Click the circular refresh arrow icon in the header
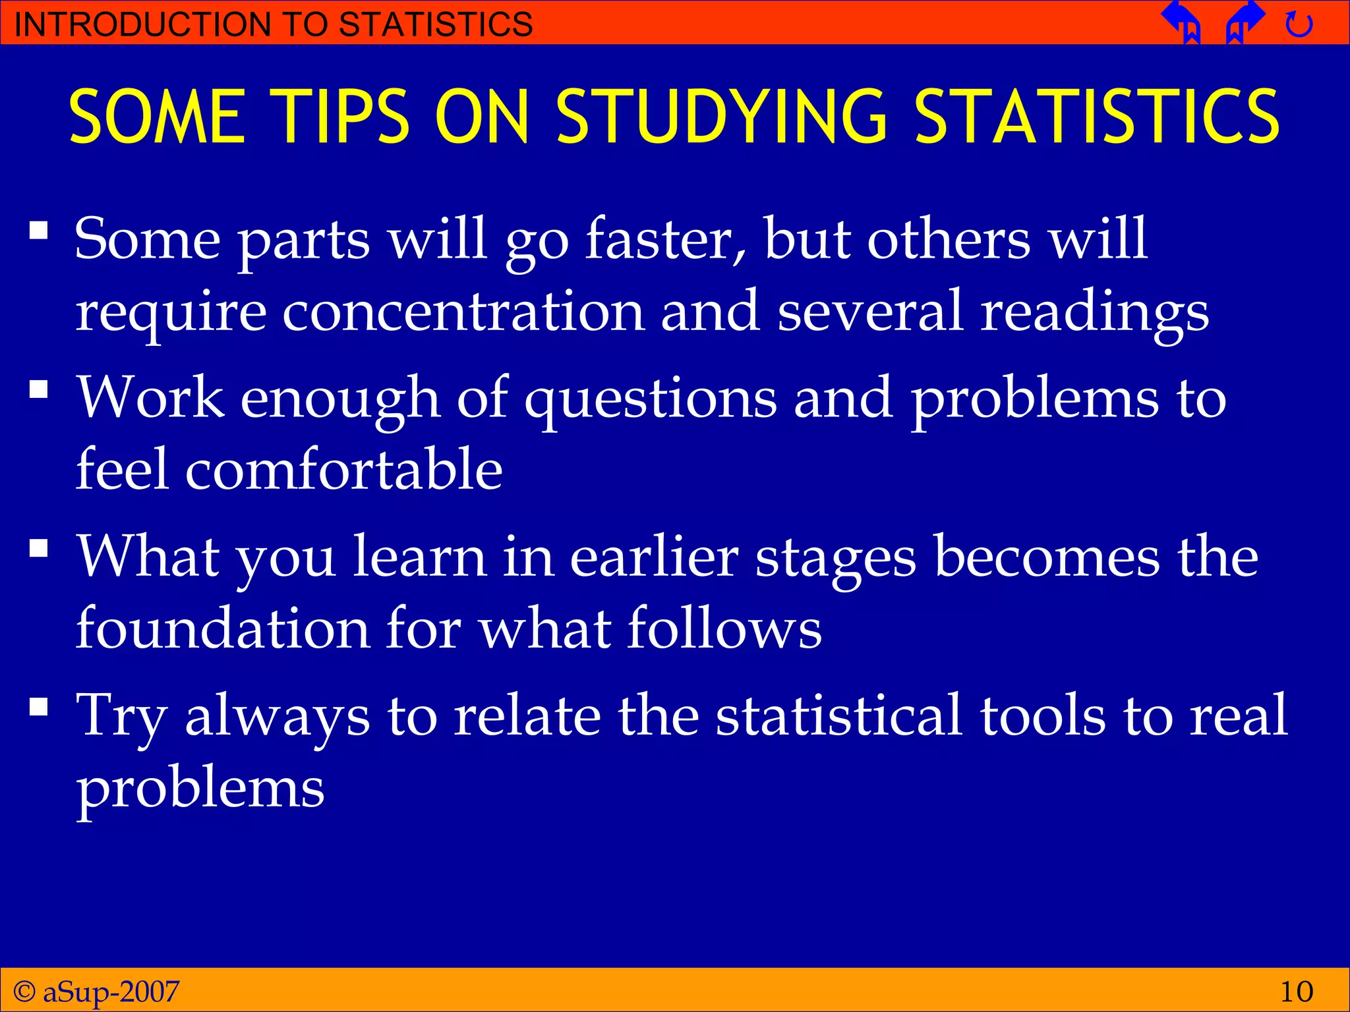coord(1299,25)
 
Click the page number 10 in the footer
coord(1296,991)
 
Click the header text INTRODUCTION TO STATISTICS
coord(273,24)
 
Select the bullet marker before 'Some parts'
coord(39,231)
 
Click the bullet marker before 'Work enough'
coord(39,389)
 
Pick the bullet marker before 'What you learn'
coord(39,548)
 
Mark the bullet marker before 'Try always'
coord(39,707)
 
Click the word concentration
coord(463,311)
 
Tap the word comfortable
coord(343,469)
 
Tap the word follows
coord(724,628)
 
